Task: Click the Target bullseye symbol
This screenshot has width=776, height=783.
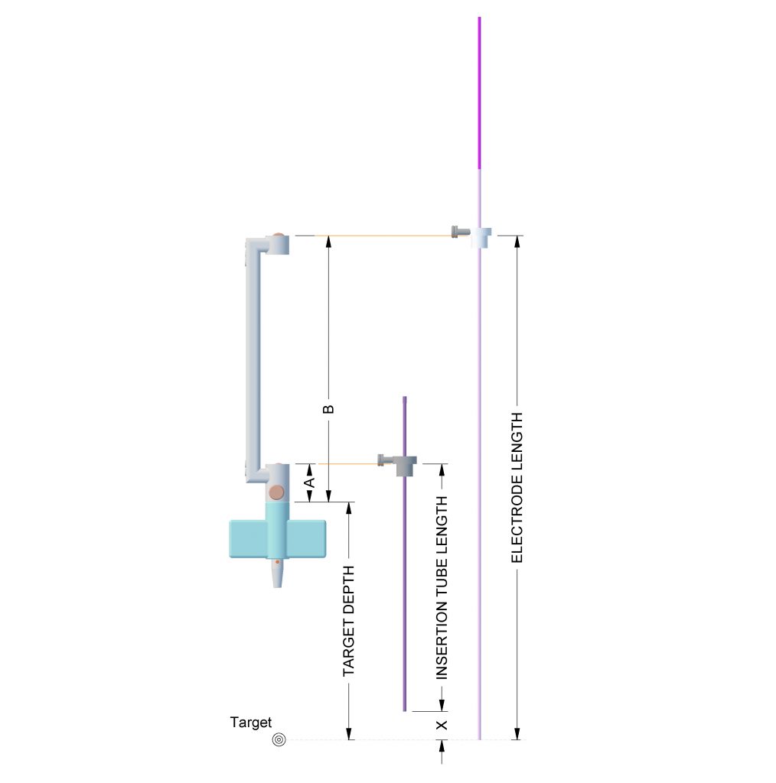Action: tap(279, 739)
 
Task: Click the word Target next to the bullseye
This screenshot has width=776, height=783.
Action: tap(251, 723)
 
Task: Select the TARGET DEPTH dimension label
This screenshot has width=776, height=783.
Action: tap(349, 621)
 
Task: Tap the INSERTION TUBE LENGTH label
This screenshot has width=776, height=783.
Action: tap(442, 588)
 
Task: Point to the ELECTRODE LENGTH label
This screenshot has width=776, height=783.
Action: tap(517, 487)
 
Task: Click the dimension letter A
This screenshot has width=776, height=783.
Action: tap(310, 482)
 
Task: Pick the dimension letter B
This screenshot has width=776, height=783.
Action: tap(328, 410)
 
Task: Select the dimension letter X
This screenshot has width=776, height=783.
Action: tap(442, 725)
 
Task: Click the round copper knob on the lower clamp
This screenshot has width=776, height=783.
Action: tap(276, 492)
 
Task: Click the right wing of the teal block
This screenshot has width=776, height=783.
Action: tap(308, 539)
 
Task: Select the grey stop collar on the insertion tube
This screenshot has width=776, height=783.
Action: tap(406, 466)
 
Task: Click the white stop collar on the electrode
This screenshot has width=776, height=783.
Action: tap(481, 238)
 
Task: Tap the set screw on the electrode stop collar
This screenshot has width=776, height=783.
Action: tap(460, 232)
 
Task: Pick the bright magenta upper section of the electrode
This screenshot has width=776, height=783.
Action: tap(479, 93)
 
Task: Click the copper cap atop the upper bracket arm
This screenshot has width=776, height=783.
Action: tap(278, 236)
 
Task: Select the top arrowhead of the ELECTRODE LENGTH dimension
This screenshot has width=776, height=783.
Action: tap(517, 241)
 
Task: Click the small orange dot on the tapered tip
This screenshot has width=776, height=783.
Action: tap(277, 562)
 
